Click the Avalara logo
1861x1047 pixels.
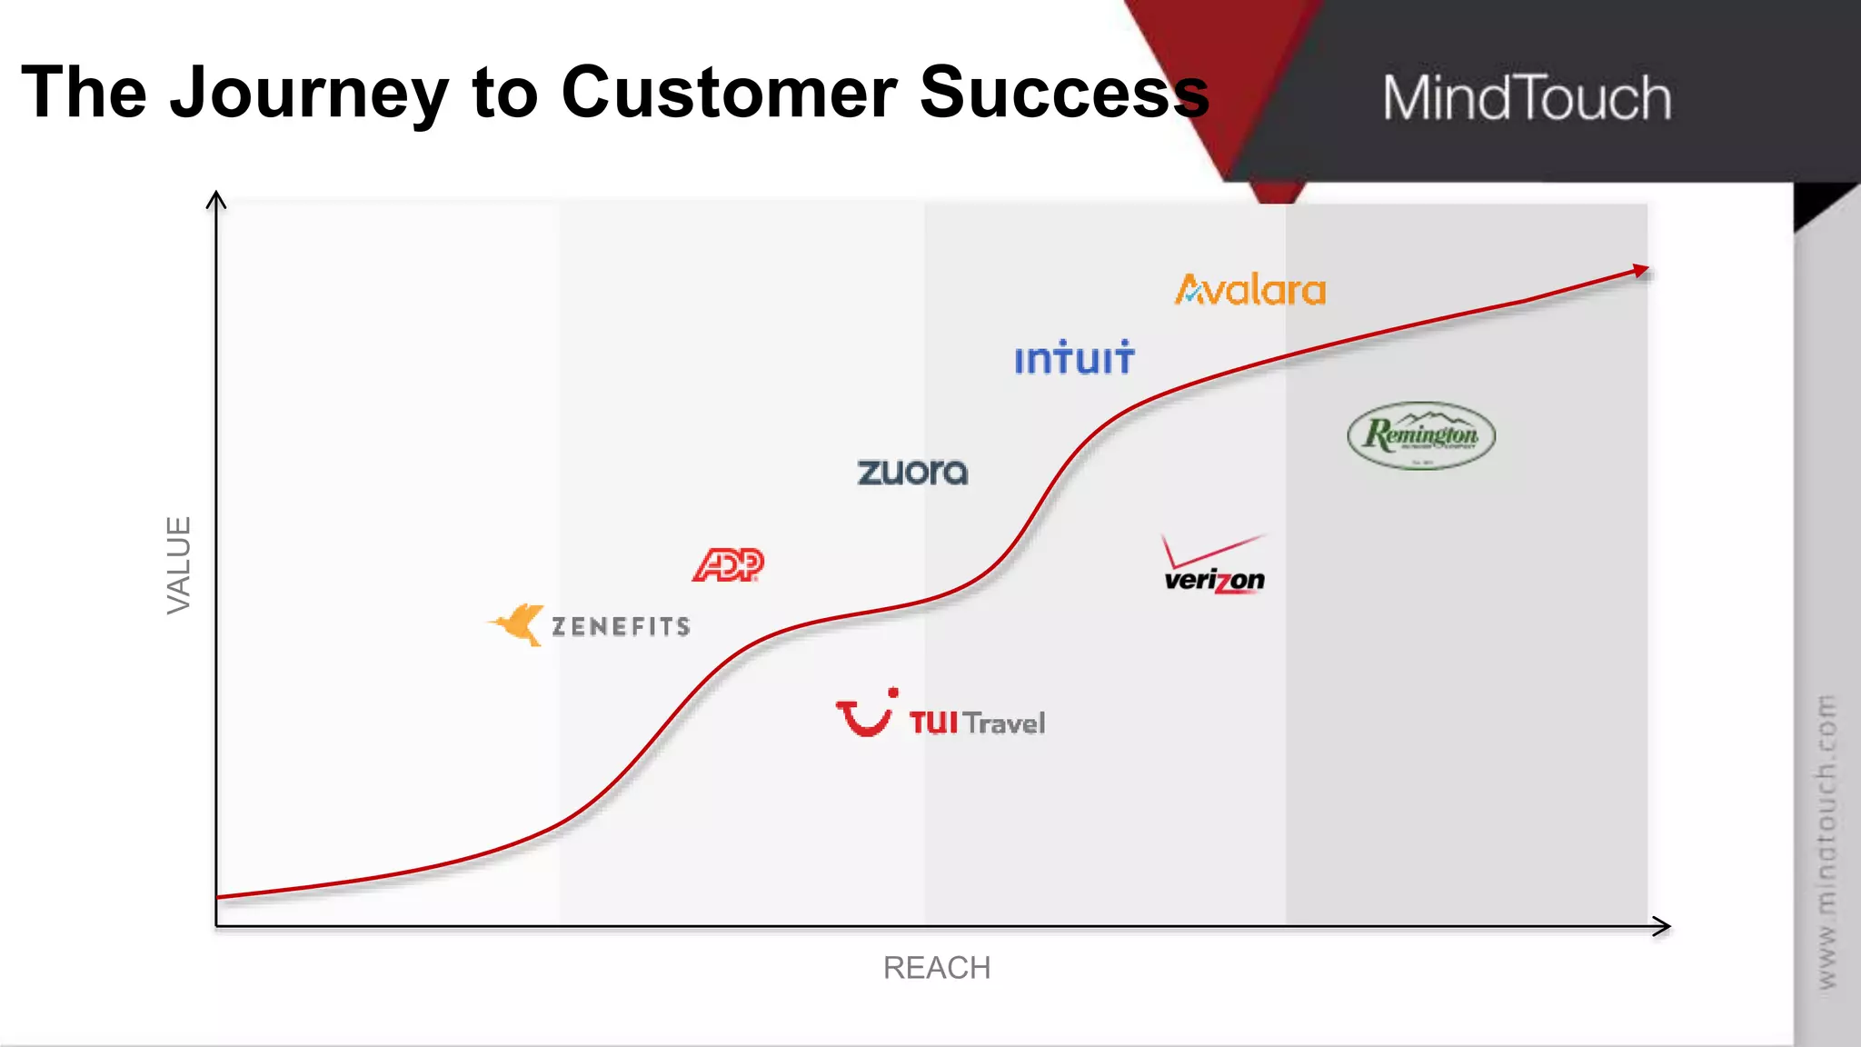tap(1250, 291)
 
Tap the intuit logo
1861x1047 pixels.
tap(1074, 358)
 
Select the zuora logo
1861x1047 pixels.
tap(912, 472)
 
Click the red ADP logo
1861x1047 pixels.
tap(728, 565)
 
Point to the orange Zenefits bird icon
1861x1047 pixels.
tap(518, 624)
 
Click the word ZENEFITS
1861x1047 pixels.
tap(622, 627)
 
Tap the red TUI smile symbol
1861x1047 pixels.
tap(865, 714)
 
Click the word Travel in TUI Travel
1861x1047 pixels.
tap(1004, 723)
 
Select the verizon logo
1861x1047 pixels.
tap(1214, 567)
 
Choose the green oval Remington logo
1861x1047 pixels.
tap(1421, 435)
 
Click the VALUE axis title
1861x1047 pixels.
tap(179, 564)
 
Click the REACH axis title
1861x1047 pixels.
tap(937, 968)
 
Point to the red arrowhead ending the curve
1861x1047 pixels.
tap(1640, 270)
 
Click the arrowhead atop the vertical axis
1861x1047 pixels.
tap(216, 198)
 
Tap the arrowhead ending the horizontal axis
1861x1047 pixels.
tap(1662, 926)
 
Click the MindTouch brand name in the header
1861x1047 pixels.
tap(1527, 98)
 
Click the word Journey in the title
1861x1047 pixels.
tap(309, 94)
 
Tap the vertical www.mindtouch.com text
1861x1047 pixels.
tap(1826, 842)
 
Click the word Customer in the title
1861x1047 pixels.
tap(729, 93)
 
